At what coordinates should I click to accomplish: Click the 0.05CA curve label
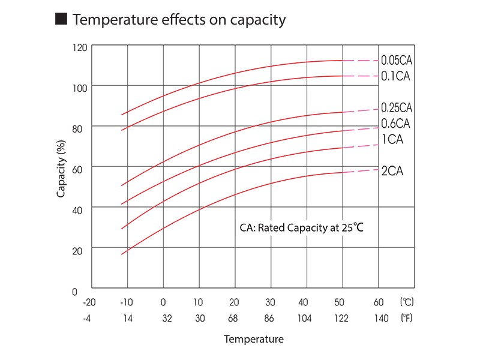[x=397, y=61]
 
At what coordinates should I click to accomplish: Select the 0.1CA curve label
[x=395, y=76]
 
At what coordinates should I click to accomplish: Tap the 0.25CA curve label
[x=397, y=108]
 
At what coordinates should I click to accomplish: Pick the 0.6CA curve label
[x=395, y=124]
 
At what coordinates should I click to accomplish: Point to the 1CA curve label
[x=392, y=140]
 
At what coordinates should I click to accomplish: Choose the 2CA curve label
[x=392, y=171]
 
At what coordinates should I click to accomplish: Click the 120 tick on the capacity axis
[x=80, y=47]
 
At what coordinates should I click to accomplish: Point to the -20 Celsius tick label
[x=90, y=302]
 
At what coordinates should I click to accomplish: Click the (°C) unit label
[x=406, y=302]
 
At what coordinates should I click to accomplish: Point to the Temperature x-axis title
[x=253, y=340]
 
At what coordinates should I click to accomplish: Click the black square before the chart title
[x=61, y=20]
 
